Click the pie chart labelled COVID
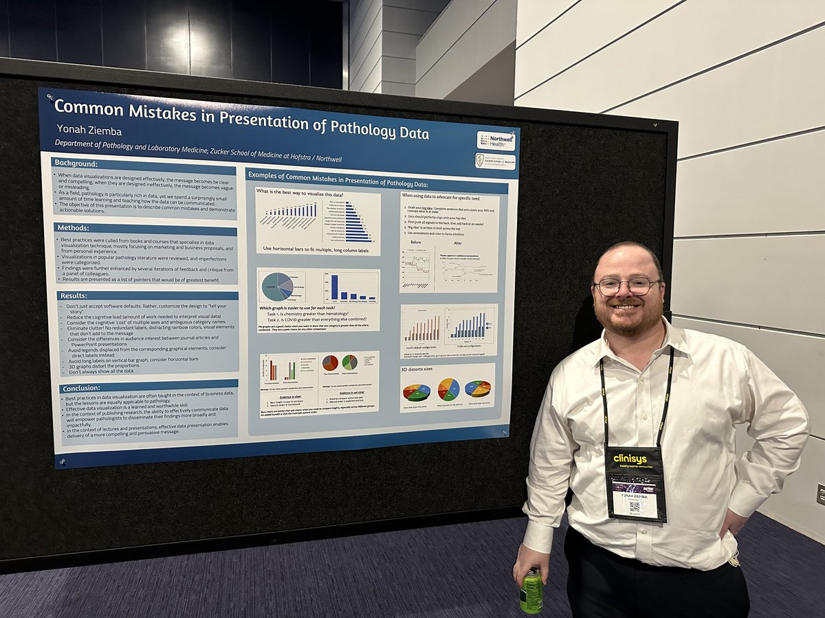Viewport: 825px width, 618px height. (276, 286)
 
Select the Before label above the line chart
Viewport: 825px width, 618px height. (415, 242)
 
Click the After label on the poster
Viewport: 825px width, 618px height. (457, 242)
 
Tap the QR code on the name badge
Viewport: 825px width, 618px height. (634, 507)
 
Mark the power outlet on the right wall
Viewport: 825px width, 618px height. (820, 494)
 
